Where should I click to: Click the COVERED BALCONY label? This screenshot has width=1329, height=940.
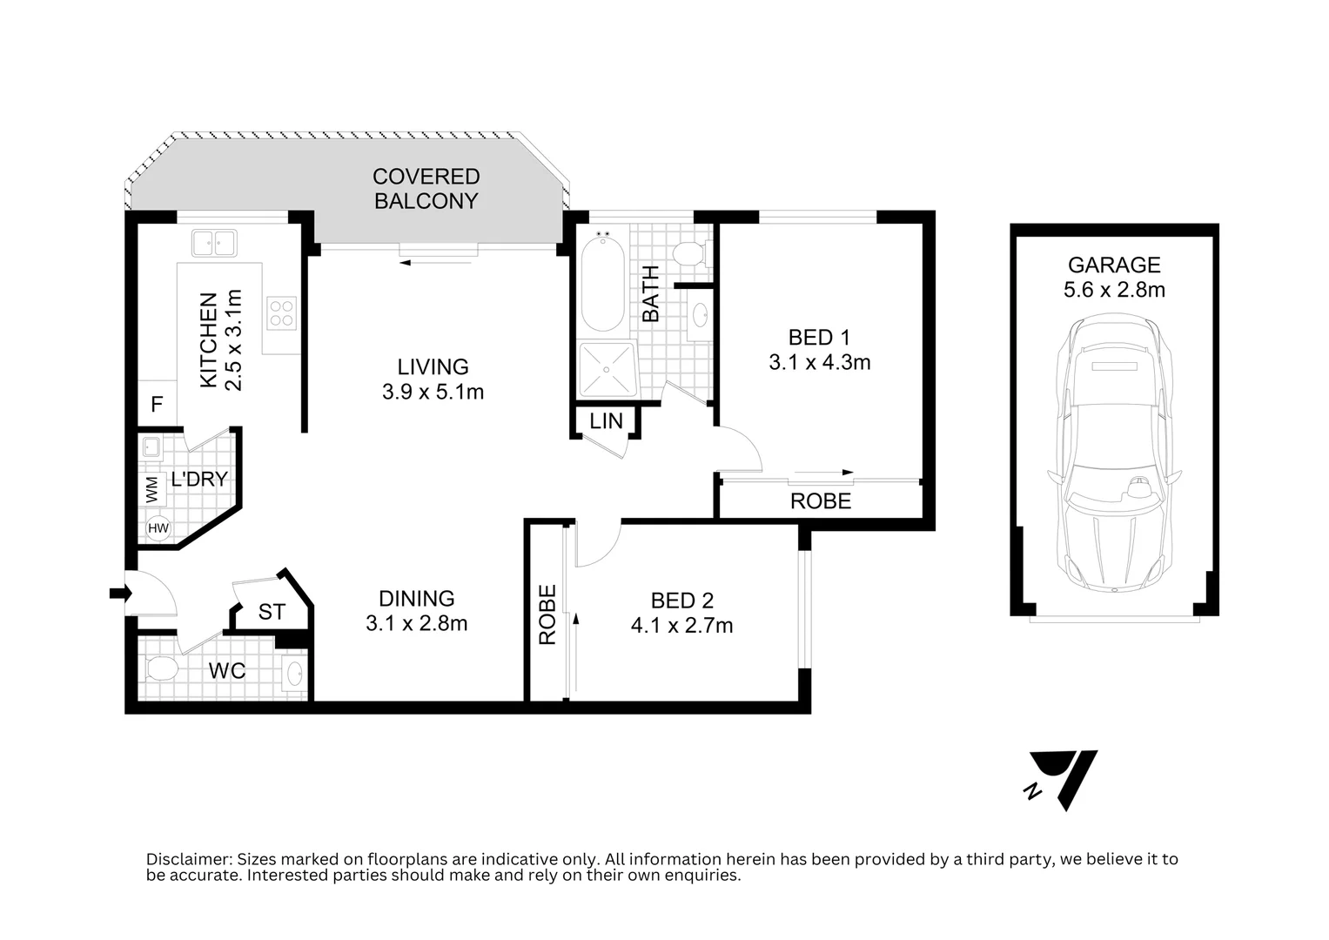point(426,189)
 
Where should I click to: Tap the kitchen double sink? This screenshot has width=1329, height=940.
point(214,243)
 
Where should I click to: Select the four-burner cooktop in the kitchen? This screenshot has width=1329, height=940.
point(281,312)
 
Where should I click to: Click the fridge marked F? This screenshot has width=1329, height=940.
point(158,404)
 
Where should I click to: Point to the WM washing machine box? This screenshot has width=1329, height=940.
point(152,489)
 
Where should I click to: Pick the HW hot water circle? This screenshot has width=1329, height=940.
point(158,527)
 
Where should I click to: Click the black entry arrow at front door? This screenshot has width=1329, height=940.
point(120,592)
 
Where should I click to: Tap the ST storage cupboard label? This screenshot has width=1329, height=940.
point(272,612)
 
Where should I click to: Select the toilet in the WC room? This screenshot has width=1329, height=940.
point(161,668)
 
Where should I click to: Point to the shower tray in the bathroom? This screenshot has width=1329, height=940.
point(607,369)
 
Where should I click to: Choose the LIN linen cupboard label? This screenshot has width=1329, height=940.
point(606,421)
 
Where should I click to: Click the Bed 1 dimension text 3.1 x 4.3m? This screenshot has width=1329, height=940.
point(819,362)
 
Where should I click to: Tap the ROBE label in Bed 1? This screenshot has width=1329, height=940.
point(821,501)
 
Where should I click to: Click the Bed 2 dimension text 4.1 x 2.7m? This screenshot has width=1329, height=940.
point(681,626)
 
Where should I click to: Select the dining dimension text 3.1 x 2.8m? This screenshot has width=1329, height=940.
point(417,623)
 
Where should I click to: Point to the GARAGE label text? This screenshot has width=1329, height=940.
point(1114,265)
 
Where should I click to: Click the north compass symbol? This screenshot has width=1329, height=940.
point(1062,780)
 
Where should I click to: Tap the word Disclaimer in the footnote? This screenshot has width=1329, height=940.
point(189,859)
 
